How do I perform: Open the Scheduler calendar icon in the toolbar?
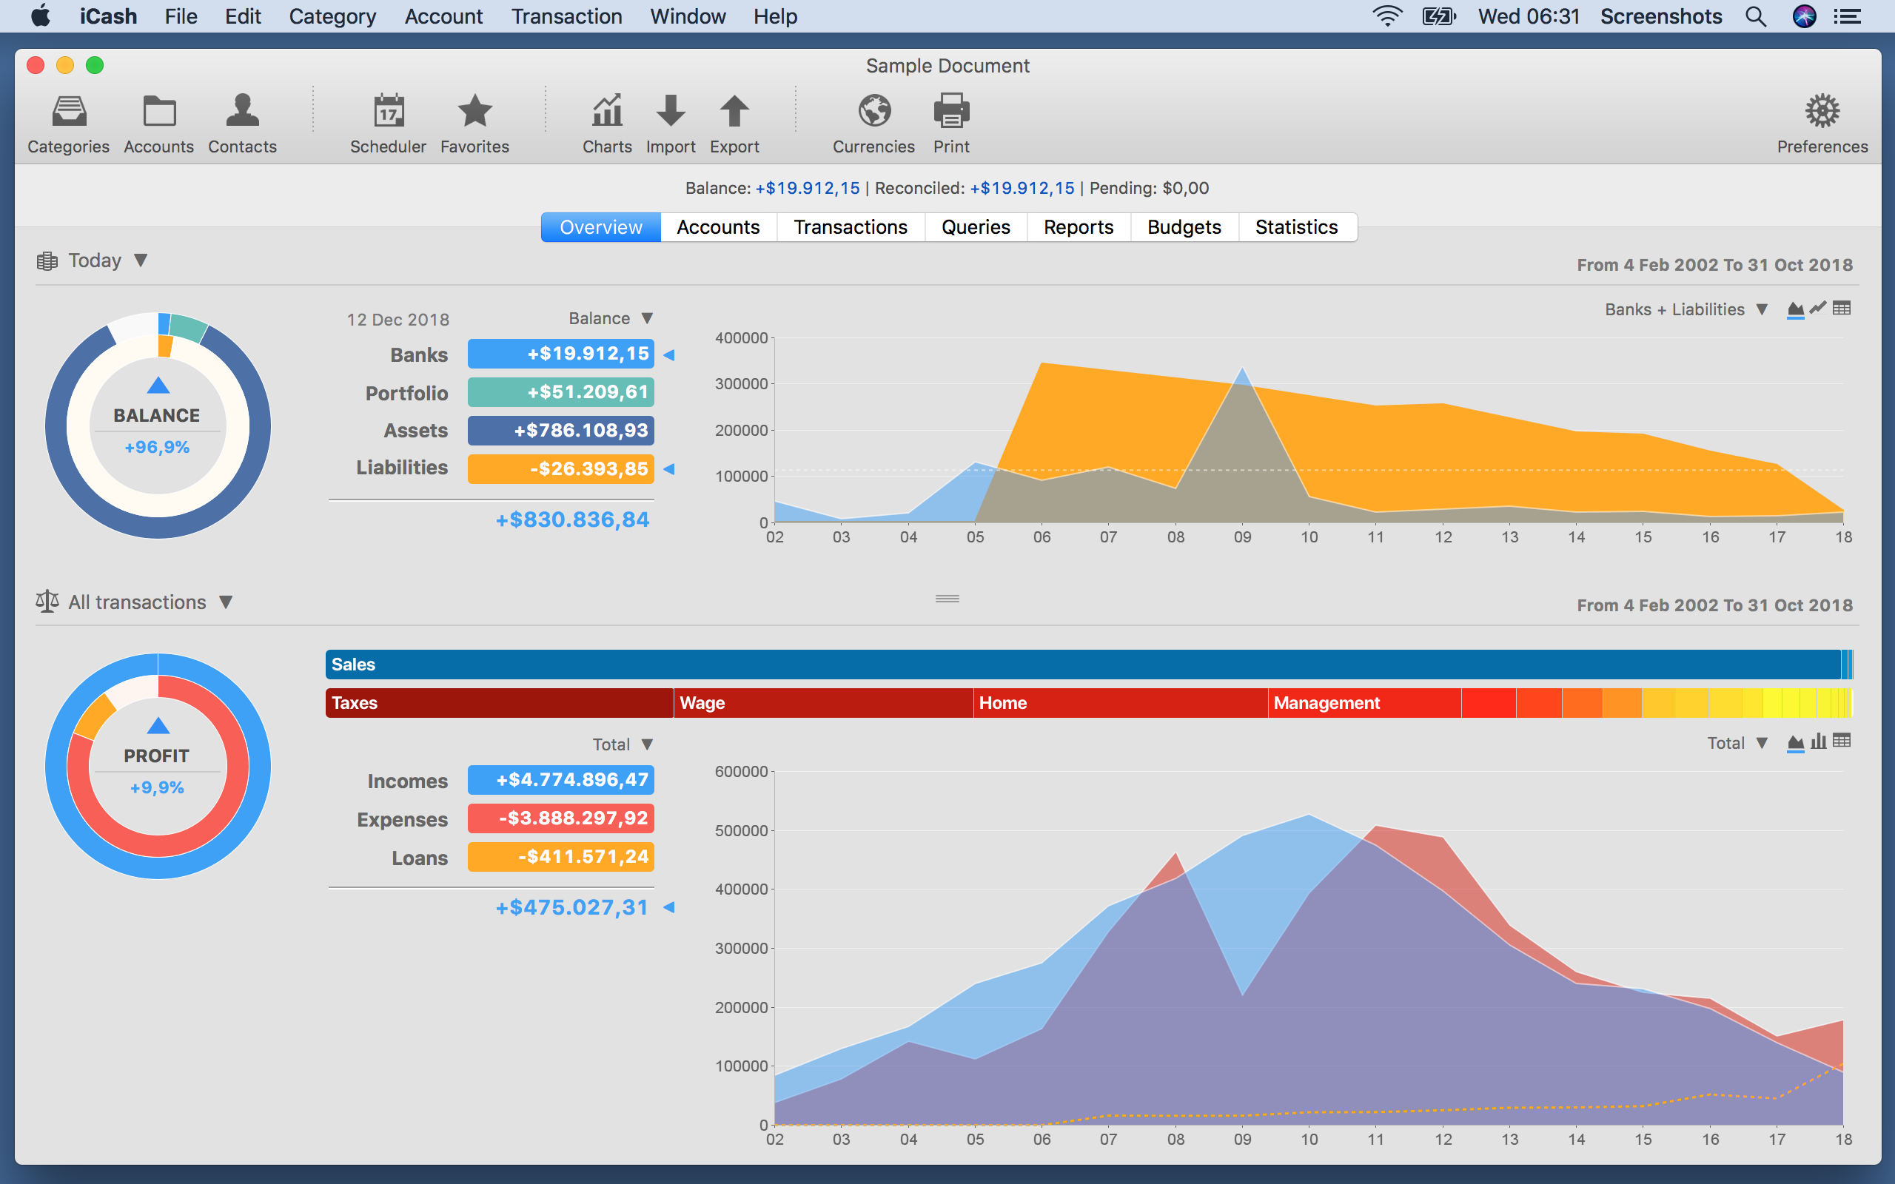pos(389,112)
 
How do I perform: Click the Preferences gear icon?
pos(1822,112)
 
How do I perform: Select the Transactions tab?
pos(851,227)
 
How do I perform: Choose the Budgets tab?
pos(1184,227)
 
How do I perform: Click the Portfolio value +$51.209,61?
pos(560,392)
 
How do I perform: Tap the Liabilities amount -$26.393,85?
pos(560,469)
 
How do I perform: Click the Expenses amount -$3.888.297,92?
pos(560,818)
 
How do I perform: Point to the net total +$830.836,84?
pos(572,520)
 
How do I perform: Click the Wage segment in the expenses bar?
pos(822,703)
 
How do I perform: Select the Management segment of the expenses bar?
pos(1363,703)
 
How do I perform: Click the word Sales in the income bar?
pos(353,665)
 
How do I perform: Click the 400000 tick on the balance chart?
pos(741,338)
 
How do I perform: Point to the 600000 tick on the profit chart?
pos(741,772)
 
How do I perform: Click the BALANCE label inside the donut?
pos(157,416)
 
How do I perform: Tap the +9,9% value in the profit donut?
pos(157,788)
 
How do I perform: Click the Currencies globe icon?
pos(874,112)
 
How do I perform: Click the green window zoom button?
pos(95,66)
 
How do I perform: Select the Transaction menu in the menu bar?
pos(566,16)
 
